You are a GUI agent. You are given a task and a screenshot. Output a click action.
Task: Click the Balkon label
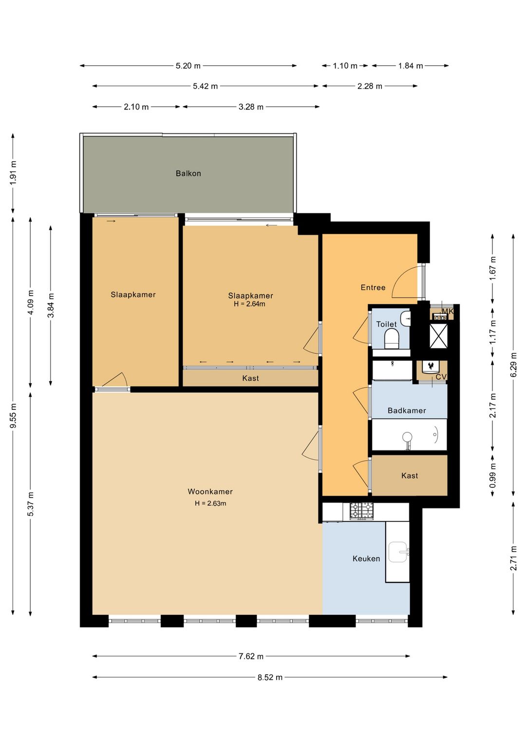188,173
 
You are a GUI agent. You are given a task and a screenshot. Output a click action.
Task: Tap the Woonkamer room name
210,492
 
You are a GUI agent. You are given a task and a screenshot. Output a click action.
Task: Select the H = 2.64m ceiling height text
249,304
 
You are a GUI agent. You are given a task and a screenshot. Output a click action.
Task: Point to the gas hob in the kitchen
361,511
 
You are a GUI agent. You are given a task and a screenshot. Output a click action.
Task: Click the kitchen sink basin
398,552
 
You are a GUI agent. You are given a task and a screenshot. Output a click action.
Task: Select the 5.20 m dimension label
188,66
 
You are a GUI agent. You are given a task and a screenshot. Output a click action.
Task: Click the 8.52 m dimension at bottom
270,677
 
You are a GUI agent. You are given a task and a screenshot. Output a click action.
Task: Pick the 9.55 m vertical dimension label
14,416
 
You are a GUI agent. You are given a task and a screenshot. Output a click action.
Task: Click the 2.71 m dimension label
513,558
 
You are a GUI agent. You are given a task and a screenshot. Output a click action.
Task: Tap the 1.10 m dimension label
345,66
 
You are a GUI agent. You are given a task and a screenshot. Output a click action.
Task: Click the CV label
441,377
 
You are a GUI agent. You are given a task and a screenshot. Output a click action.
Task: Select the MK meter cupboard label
447,311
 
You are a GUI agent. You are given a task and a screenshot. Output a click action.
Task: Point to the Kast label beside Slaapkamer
250,378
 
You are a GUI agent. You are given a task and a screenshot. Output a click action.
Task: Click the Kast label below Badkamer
409,476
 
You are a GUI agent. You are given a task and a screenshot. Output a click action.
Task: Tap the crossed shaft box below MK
438,335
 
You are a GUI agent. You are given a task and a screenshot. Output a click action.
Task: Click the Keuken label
366,559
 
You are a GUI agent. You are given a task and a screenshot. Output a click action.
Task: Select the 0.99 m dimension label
493,480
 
